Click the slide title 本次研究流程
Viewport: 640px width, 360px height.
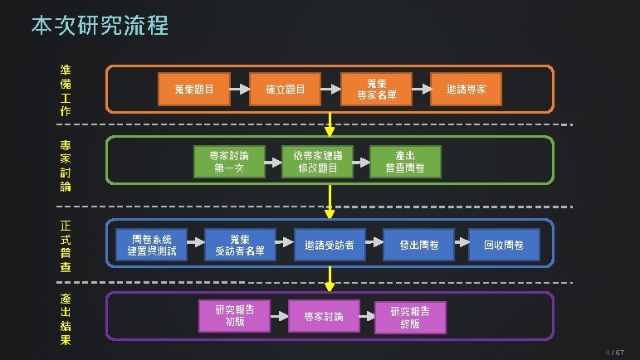point(100,26)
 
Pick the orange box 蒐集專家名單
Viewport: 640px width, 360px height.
point(377,89)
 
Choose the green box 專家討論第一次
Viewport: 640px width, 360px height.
point(227,161)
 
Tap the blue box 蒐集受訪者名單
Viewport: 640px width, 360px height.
point(240,244)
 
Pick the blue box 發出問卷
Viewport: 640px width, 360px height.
point(418,245)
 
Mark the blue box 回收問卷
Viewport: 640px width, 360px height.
point(504,245)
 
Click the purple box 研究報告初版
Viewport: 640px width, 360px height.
point(235,315)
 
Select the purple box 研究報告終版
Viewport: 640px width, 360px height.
point(410,316)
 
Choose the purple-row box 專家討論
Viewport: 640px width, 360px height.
point(323,316)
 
